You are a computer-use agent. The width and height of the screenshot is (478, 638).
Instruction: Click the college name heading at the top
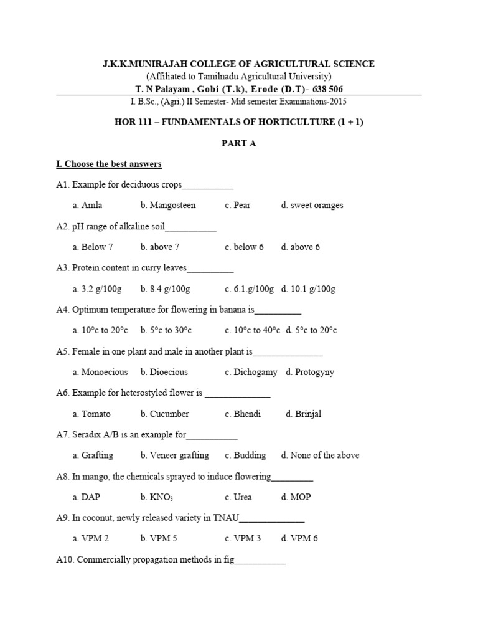pyautogui.click(x=238, y=64)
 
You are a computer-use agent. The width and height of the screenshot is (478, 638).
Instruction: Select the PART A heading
pyautogui.click(x=239, y=143)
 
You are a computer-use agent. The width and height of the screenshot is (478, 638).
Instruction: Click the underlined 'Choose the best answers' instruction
pyautogui.click(x=109, y=164)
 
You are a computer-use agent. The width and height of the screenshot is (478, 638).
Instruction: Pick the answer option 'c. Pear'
pyautogui.click(x=238, y=205)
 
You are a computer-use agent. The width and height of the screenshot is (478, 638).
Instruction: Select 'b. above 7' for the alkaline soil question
pyautogui.click(x=160, y=247)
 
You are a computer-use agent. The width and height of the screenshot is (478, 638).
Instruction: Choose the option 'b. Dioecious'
pyautogui.click(x=164, y=372)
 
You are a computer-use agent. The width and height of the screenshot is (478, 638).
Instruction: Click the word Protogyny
pyautogui.click(x=315, y=372)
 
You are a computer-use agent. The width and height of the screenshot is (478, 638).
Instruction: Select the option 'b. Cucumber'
pyautogui.click(x=164, y=414)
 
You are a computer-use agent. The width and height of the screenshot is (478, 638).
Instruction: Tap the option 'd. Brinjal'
pyautogui.click(x=304, y=414)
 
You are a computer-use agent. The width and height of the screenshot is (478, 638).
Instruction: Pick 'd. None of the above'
pyautogui.click(x=320, y=455)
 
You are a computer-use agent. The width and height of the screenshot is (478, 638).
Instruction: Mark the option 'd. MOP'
pyautogui.click(x=296, y=497)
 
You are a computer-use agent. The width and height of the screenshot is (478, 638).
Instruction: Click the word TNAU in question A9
pyautogui.click(x=226, y=518)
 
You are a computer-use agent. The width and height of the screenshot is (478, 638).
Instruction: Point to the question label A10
pyautogui.click(x=64, y=560)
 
